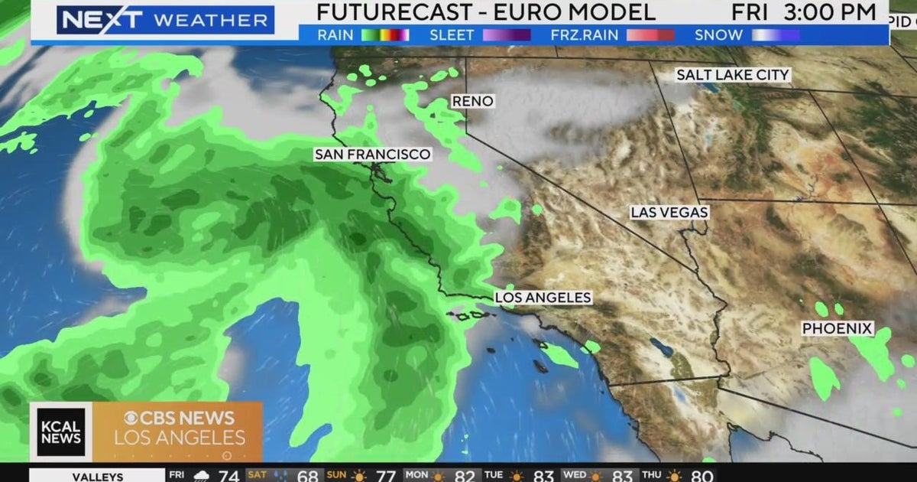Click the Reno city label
472,101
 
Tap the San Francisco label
372,155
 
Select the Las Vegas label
669,213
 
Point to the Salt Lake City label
732,75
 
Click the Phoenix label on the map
837,328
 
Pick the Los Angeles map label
543,298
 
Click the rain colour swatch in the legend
385,35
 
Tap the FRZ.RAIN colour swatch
650,35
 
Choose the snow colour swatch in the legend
776,35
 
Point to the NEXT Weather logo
165,19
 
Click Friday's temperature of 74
228,476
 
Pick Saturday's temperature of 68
307,476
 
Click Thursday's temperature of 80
700,476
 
